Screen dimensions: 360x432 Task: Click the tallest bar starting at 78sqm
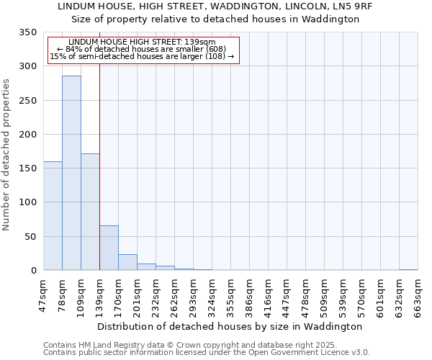(x=71, y=173)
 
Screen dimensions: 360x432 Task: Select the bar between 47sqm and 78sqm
(x=53, y=216)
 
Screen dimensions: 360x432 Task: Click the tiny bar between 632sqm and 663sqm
(x=408, y=269)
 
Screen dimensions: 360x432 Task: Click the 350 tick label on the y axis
(x=27, y=32)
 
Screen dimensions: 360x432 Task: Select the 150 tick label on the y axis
(x=27, y=168)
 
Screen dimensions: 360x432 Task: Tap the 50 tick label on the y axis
(x=30, y=236)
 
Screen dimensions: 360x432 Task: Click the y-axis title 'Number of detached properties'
(x=7, y=155)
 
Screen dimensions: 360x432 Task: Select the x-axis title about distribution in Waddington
(x=230, y=326)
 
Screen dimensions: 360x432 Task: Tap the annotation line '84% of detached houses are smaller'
(x=143, y=49)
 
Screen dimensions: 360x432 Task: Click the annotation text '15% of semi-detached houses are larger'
(x=142, y=56)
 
